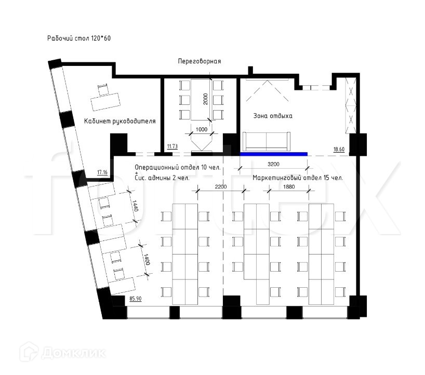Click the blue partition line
(274, 154)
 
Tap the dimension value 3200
(273, 164)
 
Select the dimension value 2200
(221, 186)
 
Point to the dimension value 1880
(289, 186)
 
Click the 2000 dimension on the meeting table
(206, 99)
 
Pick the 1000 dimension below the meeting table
(202, 129)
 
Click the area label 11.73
(172, 146)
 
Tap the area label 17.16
(102, 172)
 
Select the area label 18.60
(339, 149)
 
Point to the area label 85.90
(135, 299)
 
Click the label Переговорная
(200, 61)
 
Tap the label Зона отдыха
(273, 116)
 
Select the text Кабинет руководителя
(120, 121)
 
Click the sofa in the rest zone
(267, 141)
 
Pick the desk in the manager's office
(105, 102)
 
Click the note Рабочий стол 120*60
(79, 38)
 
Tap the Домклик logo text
(73, 353)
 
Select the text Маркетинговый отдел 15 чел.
(298, 178)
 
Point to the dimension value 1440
(136, 206)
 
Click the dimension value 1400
(147, 260)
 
